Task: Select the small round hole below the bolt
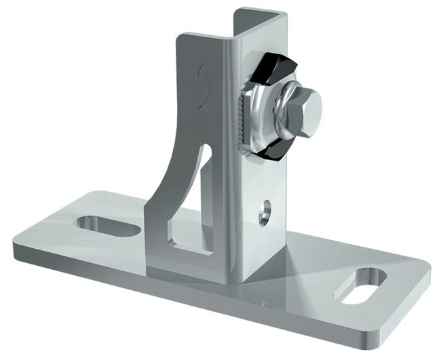(x=265, y=210)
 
